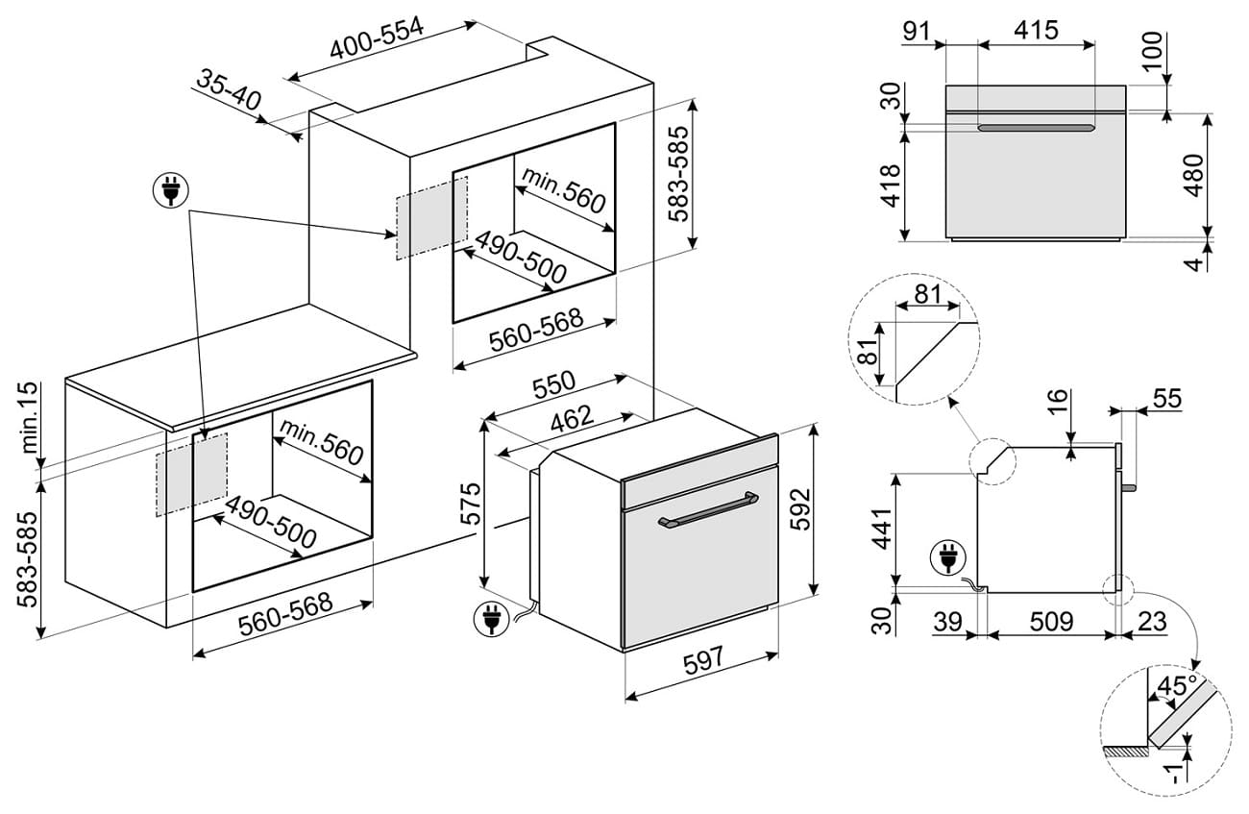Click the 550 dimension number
point(554,383)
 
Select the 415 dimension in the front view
point(1036,30)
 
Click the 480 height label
point(1194,175)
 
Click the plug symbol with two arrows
point(171,190)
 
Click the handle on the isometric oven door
point(708,509)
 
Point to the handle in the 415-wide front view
point(1036,127)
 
